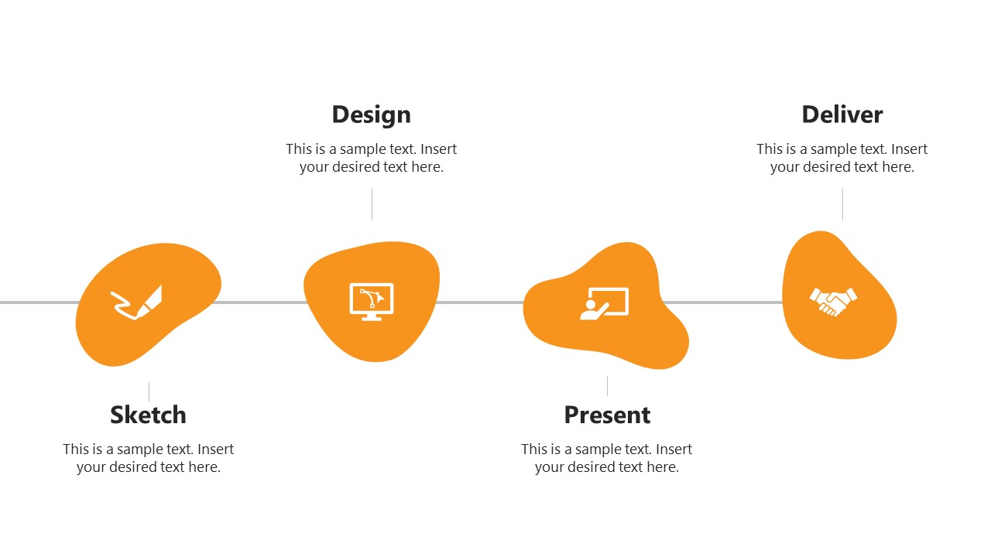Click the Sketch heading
[x=148, y=415]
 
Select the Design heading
[x=371, y=114]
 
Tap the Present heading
[x=607, y=415]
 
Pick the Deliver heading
[x=842, y=114]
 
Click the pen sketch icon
[x=137, y=302]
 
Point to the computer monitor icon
[x=372, y=302]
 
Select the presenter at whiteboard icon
[x=605, y=303]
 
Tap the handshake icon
[x=833, y=301]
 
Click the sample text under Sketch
[x=148, y=458]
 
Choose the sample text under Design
[x=371, y=158]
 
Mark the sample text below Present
[x=607, y=458]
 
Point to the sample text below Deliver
[x=842, y=158]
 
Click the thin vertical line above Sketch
[x=149, y=391]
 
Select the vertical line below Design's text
[x=372, y=204]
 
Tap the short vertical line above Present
[x=607, y=385]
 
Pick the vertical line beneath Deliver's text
[x=842, y=204]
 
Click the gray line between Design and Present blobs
[x=481, y=302]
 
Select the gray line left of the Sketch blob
[x=39, y=302]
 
